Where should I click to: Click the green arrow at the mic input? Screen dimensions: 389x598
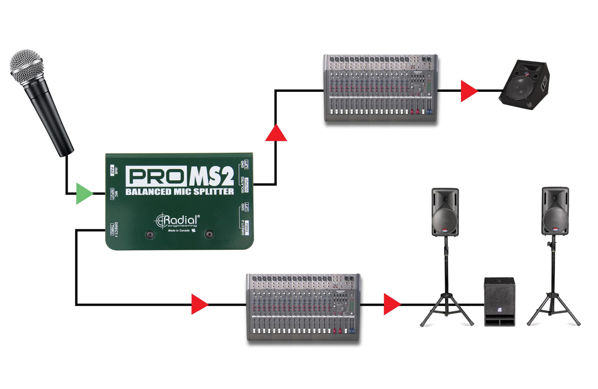click(84, 194)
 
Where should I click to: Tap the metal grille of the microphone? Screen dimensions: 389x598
click(26, 67)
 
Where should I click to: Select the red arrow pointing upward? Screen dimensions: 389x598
click(276, 134)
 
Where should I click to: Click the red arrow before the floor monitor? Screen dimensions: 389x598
click(468, 91)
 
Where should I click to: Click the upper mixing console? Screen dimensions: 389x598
click(381, 88)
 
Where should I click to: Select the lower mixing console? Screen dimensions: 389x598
click(303, 307)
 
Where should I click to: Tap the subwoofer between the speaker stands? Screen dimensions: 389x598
click(499, 302)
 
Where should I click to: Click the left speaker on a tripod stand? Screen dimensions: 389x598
click(445, 212)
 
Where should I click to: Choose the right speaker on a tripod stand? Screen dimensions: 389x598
click(555, 211)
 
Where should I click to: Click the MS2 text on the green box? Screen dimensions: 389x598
click(211, 177)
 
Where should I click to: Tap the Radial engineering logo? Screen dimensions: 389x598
click(177, 221)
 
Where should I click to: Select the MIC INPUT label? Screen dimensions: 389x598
click(114, 194)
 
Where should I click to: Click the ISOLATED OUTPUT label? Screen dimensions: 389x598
click(245, 185)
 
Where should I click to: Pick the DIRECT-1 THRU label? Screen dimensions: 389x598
click(114, 229)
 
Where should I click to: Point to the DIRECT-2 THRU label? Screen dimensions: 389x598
click(245, 228)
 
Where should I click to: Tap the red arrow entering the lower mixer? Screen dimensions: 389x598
click(199, 304)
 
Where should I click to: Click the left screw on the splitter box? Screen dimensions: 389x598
click(150, 235)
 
